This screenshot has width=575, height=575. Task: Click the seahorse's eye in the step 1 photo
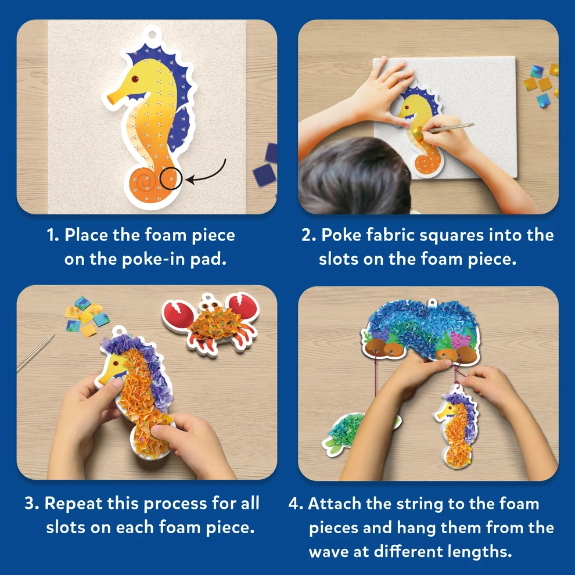[135, 79]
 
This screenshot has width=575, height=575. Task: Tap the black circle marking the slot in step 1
[171, 178]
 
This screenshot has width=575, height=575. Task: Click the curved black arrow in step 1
[206, 173]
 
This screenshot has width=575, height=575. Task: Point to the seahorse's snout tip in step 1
[110, 99]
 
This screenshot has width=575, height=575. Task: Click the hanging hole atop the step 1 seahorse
[152, 35]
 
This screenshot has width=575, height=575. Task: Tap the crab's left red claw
[178, 313]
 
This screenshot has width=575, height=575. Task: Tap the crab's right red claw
[244, 306]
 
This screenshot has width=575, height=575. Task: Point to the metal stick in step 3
[35, 353]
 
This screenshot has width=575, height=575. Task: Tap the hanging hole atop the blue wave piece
[432, 303]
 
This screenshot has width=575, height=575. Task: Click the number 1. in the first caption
[53, 235]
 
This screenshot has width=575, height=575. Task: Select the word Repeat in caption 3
[73, 504]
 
